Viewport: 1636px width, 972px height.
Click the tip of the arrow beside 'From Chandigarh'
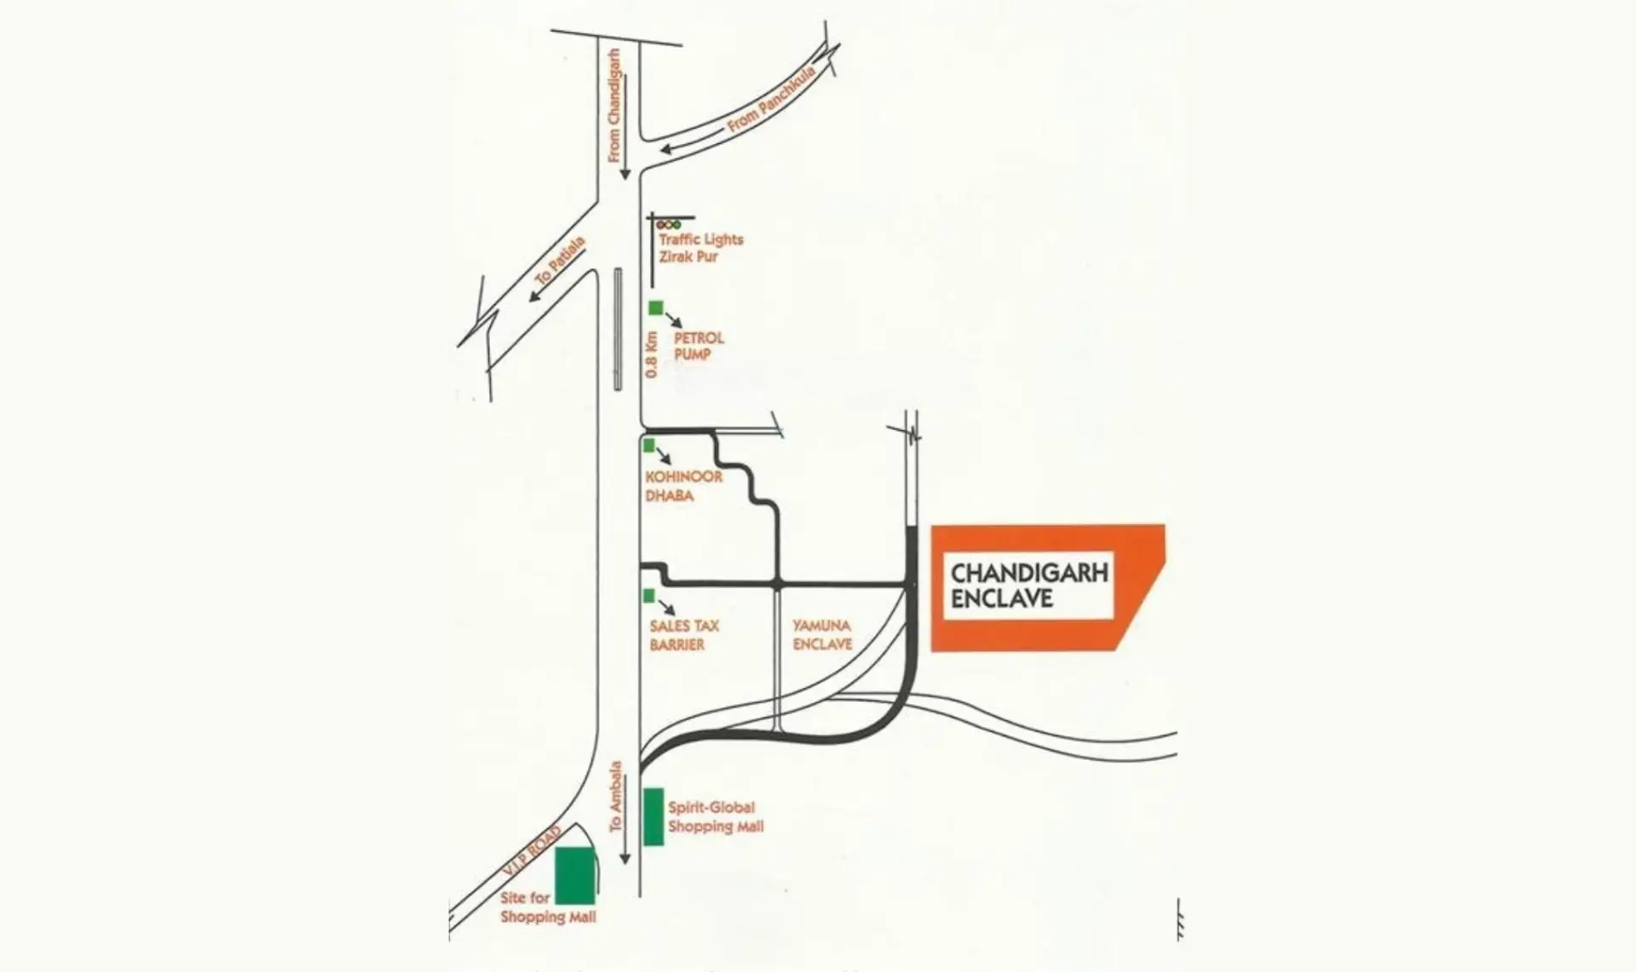click(x=625, y=179)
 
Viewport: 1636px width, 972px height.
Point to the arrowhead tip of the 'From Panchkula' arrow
click(x=660, y=151)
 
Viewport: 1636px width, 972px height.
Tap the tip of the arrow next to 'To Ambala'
click(x=625, y=865)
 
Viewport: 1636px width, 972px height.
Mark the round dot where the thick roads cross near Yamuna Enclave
click(x=777, y=584)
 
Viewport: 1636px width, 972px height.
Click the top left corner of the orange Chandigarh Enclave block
click(x=931, y=526)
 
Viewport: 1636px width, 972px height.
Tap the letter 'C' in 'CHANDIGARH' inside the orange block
click(x=959, y=572)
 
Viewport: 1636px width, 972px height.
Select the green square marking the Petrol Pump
click(x=655, y=308)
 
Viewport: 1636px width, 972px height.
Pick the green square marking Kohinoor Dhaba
click(x=648, y=445)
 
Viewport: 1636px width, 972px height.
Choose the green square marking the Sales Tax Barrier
click(x=649, y=595)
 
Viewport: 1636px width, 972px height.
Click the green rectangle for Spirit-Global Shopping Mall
click(x=654, y=817)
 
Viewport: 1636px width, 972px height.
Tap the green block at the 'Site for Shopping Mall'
click(x=575, y=876)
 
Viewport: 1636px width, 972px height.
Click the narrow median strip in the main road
click(x=618, y=329)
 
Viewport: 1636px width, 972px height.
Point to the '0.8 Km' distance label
click(x=652, y=354)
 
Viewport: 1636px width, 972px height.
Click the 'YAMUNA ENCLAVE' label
click(x=822, y=635)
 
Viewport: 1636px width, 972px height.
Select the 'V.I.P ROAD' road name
click(x=532, y=851)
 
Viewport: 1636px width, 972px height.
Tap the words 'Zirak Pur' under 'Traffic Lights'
click(x=688, y=256)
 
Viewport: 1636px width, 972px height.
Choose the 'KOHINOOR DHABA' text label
click(x=683, y=486)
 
